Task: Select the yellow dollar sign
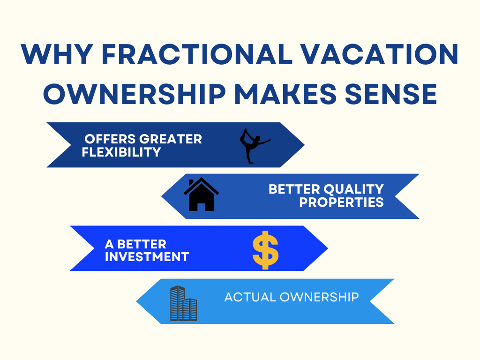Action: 265,249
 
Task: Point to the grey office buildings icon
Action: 183,304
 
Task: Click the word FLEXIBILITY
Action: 121,152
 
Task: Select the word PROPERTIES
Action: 342,202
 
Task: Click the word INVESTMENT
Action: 147,257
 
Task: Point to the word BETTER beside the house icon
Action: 294,189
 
